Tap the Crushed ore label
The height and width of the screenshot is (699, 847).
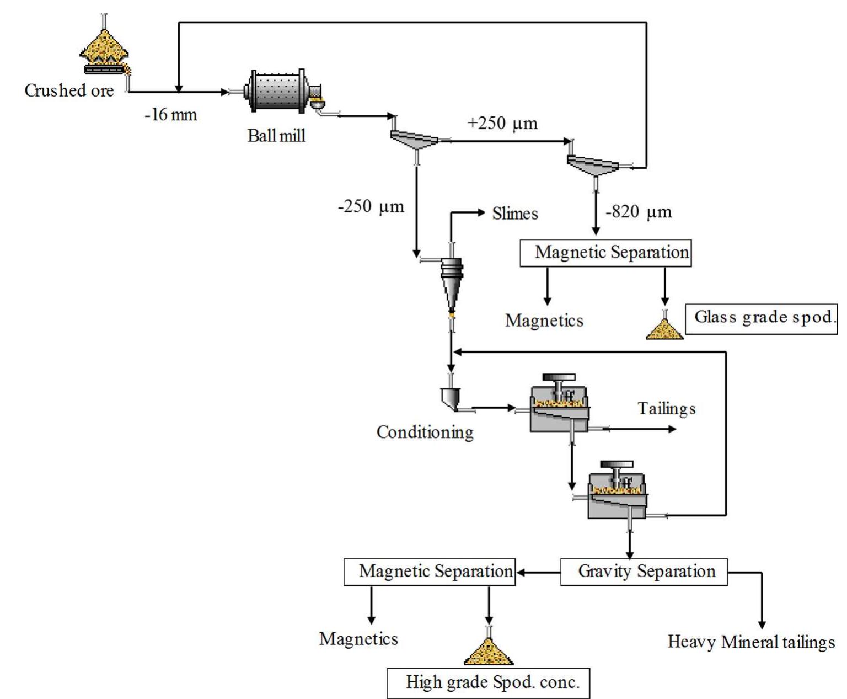click(69, 90)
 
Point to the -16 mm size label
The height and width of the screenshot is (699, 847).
click(170, 115)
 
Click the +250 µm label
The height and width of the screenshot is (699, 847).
click(502, 123)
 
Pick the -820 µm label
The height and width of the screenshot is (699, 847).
click(639, 212)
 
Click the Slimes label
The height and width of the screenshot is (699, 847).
click(514, 214)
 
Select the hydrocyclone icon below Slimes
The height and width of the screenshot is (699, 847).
click(452, 284)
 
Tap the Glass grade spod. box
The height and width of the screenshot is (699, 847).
click(762, 318)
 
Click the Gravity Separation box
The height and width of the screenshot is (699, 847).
click(644, 572)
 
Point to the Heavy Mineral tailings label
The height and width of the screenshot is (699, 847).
click(751, 642)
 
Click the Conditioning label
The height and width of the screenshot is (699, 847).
click(425, 432)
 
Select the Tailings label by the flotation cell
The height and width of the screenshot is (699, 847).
click(666, 409)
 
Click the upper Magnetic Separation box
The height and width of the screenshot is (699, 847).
click(605, 253)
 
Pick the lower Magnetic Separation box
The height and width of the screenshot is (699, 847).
click(430, 572)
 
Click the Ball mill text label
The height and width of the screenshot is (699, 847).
click(276, 136)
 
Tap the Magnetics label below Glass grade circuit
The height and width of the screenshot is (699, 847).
click(544, 321)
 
